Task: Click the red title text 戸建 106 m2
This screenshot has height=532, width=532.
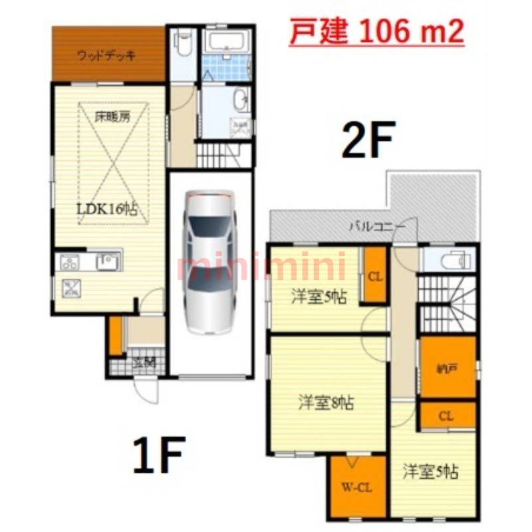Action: click(376, 31)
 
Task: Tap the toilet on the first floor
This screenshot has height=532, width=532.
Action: click(182, 44)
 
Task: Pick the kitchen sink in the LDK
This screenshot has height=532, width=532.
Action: click(107, 262)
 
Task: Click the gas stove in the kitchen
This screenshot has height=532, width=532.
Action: click(70, 262)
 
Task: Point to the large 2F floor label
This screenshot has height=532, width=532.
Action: click(368, 138)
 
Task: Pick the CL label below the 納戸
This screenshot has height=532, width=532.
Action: click(446, 416)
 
